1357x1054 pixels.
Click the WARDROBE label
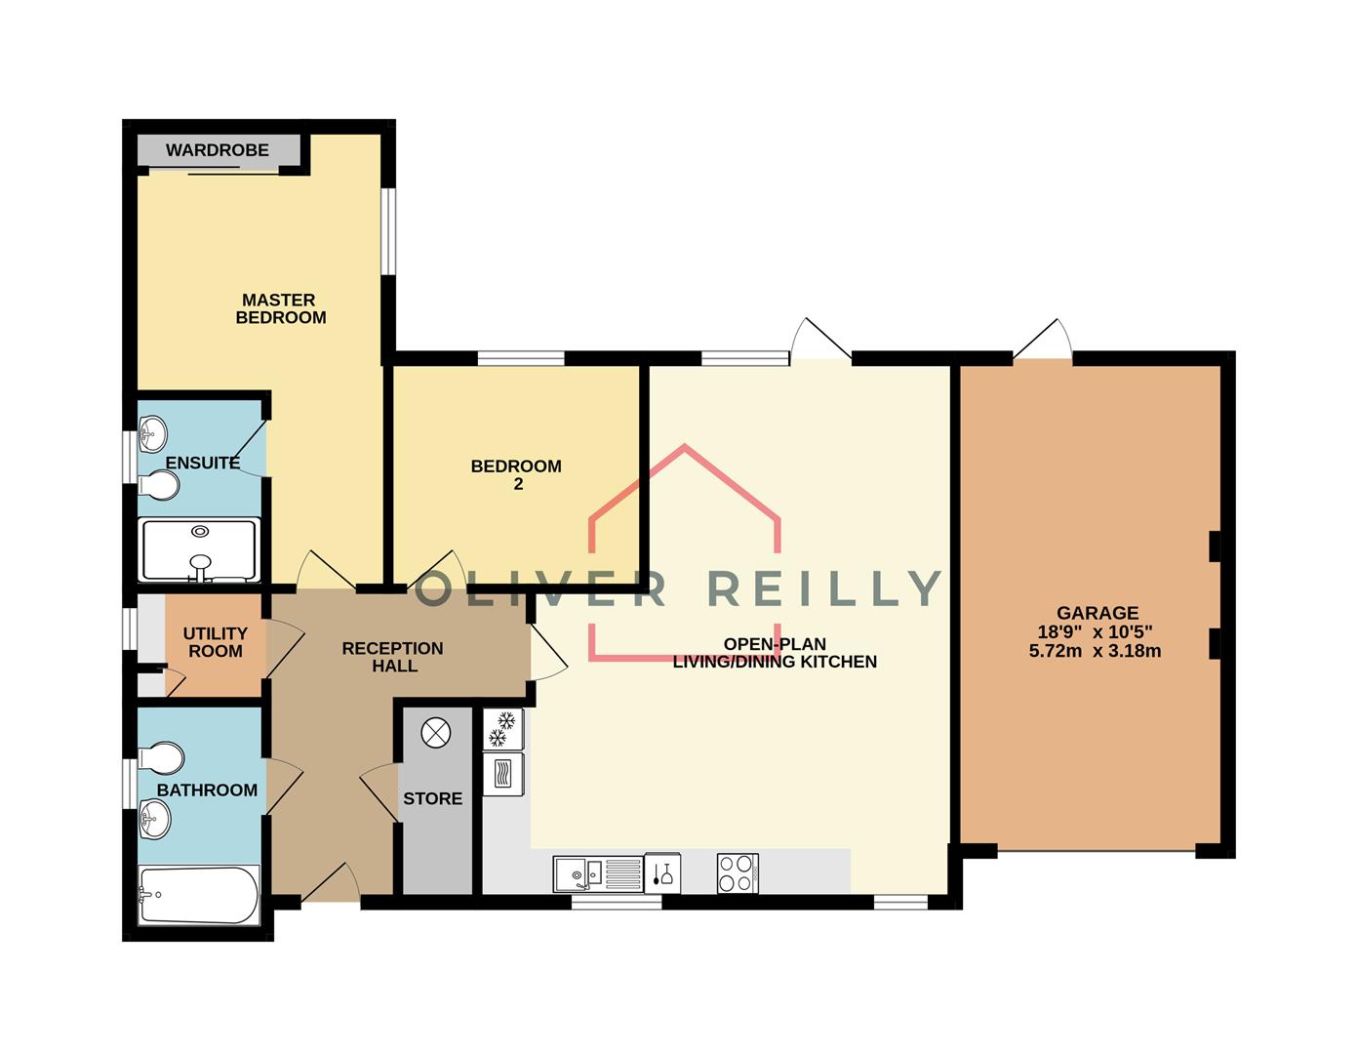click(218, 150)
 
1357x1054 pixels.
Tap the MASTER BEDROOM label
click(280, 308)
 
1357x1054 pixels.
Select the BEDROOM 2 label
click(516, 474)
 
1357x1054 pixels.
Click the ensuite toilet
click(159, 485)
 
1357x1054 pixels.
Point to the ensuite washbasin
click(152, 432)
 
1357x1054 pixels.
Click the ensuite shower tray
click(199, 550)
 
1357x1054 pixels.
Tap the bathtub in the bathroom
click(199, 895)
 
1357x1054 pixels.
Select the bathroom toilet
click(161, 757)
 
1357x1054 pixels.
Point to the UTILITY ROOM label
click(216, 642)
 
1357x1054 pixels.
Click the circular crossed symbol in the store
click(436, 732)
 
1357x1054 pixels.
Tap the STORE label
click(433, 798)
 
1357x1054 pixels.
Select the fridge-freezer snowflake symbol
click(502, 729)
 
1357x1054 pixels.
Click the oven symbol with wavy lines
click(503, 774)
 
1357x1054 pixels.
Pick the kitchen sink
click(599, 873)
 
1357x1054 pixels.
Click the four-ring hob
click(738, 872)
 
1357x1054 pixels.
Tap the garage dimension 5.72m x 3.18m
click(1095, 651)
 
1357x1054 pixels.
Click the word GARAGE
click(1098, 613)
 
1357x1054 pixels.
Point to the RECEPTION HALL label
click(393, 657)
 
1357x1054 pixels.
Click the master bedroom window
click(388, 231)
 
